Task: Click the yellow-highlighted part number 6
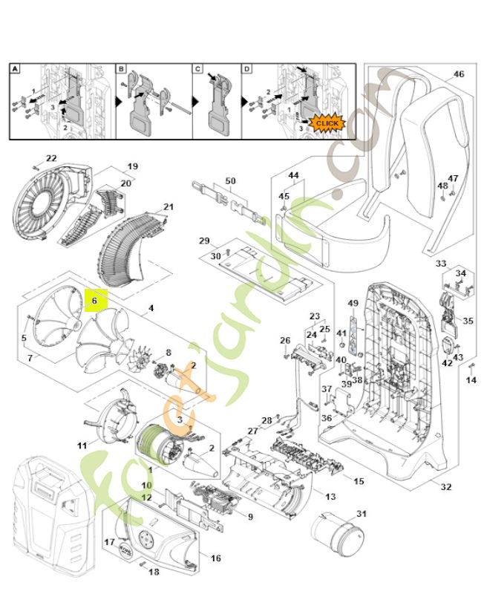pyautogui.click(x=95, y=301)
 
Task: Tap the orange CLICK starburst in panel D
pyautogui.click(x=326, y=123)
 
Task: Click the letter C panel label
pyautogui.click(x=198, y=69)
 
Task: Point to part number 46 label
pyautogui.click(x=458, y=74)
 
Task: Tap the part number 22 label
pyautogui.click(x=51, y=158)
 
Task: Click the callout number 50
pyautogui.click(x=229, y=181)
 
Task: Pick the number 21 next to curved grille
pyautogui.click(x=169, y=206)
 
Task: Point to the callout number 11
pyautogui.click(x=82, y=445)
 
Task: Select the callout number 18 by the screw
pyautogui.click(x=154, y=572)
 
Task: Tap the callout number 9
pyautogui.click(x=250, y=517)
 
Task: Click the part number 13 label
pyautogui.click(x=330, y=495)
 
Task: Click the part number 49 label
pyautogui.click(x=353, y=303)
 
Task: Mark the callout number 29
pyautogui.click(x=203, y=241)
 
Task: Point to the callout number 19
pyautogui.click(x=133, y=166)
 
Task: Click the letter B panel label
pyautogui.click(x=121, y=69)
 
